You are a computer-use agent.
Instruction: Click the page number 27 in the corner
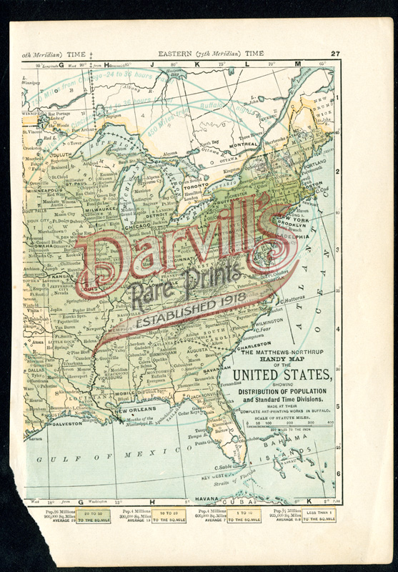335,54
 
